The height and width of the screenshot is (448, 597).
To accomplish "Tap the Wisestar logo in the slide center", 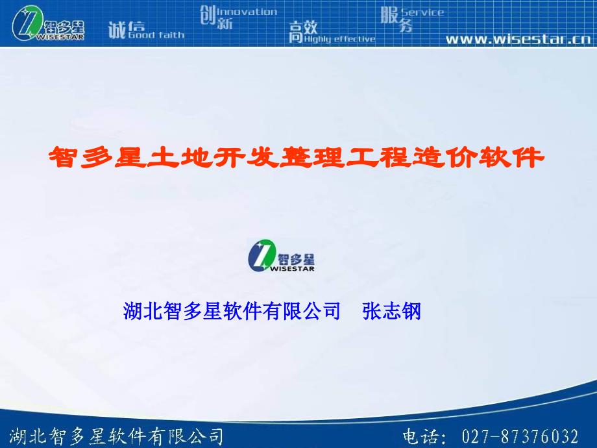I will (281, 255).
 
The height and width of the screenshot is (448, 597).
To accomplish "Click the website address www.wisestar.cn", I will (517, 39).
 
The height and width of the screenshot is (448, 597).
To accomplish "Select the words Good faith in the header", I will (156, 34).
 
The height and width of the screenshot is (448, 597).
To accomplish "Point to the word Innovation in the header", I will (247, 12).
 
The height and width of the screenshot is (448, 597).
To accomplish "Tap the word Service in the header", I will (422, 12).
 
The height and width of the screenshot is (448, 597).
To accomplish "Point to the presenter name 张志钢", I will (392, 311).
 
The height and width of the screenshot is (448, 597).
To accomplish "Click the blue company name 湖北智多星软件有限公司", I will (232, 311).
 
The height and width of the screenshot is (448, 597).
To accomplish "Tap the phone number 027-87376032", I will (520, 436).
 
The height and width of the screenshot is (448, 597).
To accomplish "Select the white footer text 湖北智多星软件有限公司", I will (117, 436).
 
